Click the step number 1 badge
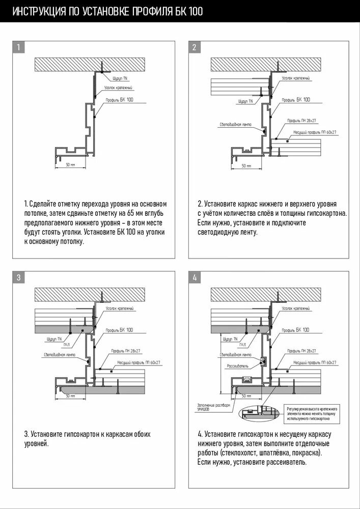click(x=18, y=48)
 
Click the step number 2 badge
click(x=195, y=48)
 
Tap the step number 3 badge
click(x=18, y=277)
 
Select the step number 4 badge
click(x=195, y=277)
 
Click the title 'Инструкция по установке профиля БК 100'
click(x=107, y=11)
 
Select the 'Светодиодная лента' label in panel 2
click(x=232, y=124)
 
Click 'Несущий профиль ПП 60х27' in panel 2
click(x=315, y=132)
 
